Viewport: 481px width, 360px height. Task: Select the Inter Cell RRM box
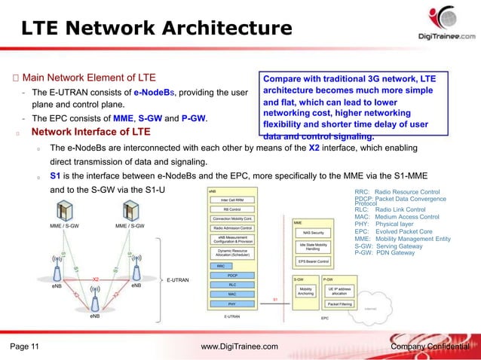tap(236, 200)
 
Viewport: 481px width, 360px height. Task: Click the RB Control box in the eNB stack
tap(236, 209)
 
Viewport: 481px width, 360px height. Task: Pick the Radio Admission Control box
tap(236, 227)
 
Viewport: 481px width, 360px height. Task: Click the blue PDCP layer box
tap(236, 276)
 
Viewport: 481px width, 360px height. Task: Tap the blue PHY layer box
tap(236, 304)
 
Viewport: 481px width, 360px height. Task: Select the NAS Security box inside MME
tap(314, 232)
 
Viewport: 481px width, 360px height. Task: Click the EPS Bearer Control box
tap(314, 261)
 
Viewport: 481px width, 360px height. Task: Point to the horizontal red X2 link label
tap(95, 279)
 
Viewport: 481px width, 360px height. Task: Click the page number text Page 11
tap(25, 346)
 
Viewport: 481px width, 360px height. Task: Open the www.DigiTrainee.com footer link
tap(240, 346)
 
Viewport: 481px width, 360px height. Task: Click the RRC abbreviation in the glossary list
tap(363, 193)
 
